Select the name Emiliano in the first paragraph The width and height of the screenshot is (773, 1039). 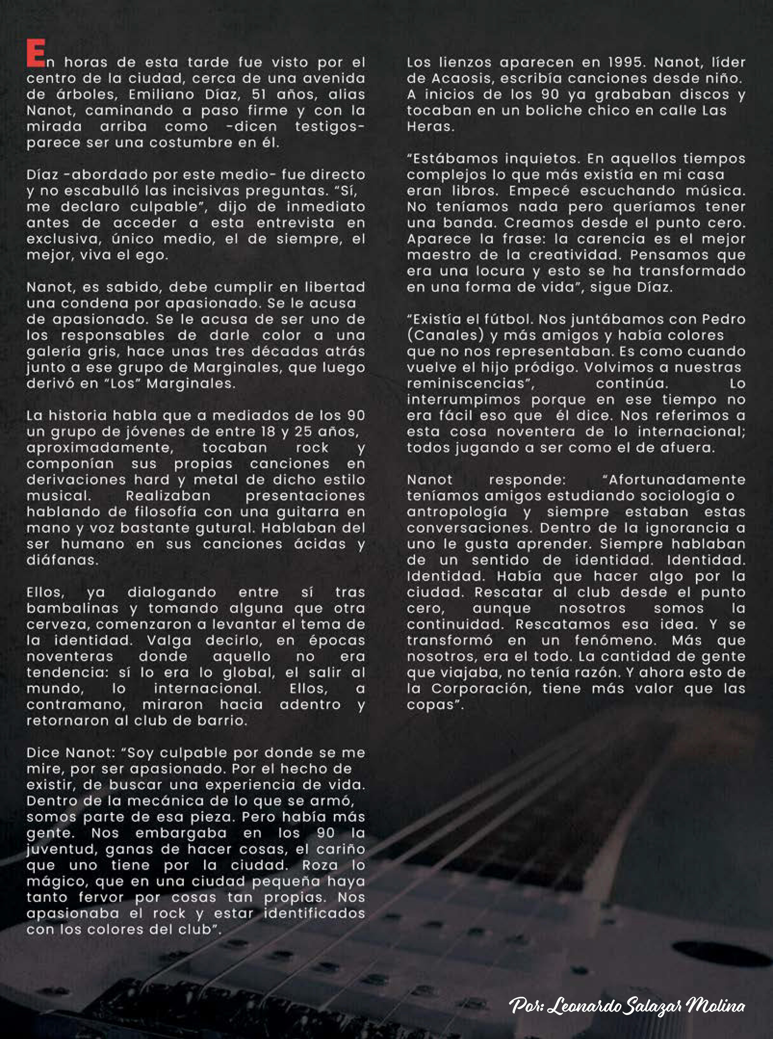(x=160, y=95)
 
